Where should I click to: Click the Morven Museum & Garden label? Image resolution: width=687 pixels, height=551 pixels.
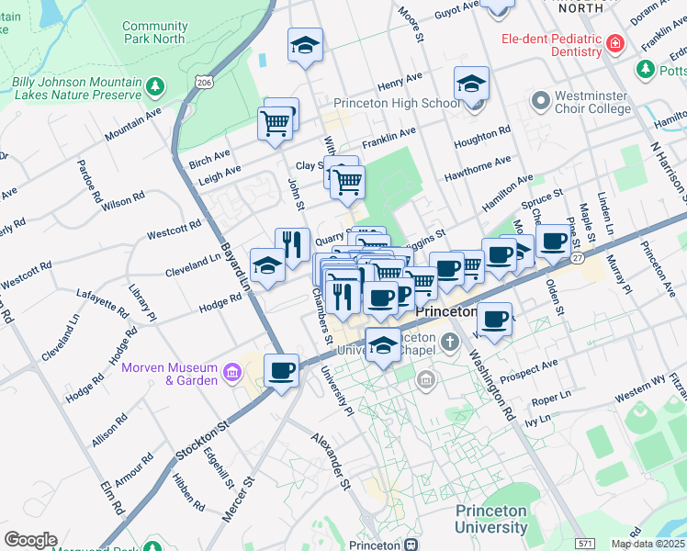click(169, 374)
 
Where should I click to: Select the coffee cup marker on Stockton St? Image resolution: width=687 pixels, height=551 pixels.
click(281, 370)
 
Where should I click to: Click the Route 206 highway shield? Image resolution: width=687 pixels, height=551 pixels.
click(203, 83)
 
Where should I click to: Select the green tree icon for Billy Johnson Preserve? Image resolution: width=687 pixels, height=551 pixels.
click(155, 86)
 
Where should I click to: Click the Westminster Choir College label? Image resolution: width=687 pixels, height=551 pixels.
click(584, 103)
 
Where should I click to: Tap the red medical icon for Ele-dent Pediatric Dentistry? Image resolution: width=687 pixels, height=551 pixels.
click(614, 42)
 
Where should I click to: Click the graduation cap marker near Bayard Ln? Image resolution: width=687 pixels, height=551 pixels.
click(266, 266)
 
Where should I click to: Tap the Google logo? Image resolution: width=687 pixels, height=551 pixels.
click(30, 540)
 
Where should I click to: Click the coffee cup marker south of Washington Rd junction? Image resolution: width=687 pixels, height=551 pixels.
click(494, 320)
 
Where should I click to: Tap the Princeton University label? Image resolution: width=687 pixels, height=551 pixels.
click(491, 519)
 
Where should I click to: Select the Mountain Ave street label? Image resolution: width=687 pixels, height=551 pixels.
click(133, 125)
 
